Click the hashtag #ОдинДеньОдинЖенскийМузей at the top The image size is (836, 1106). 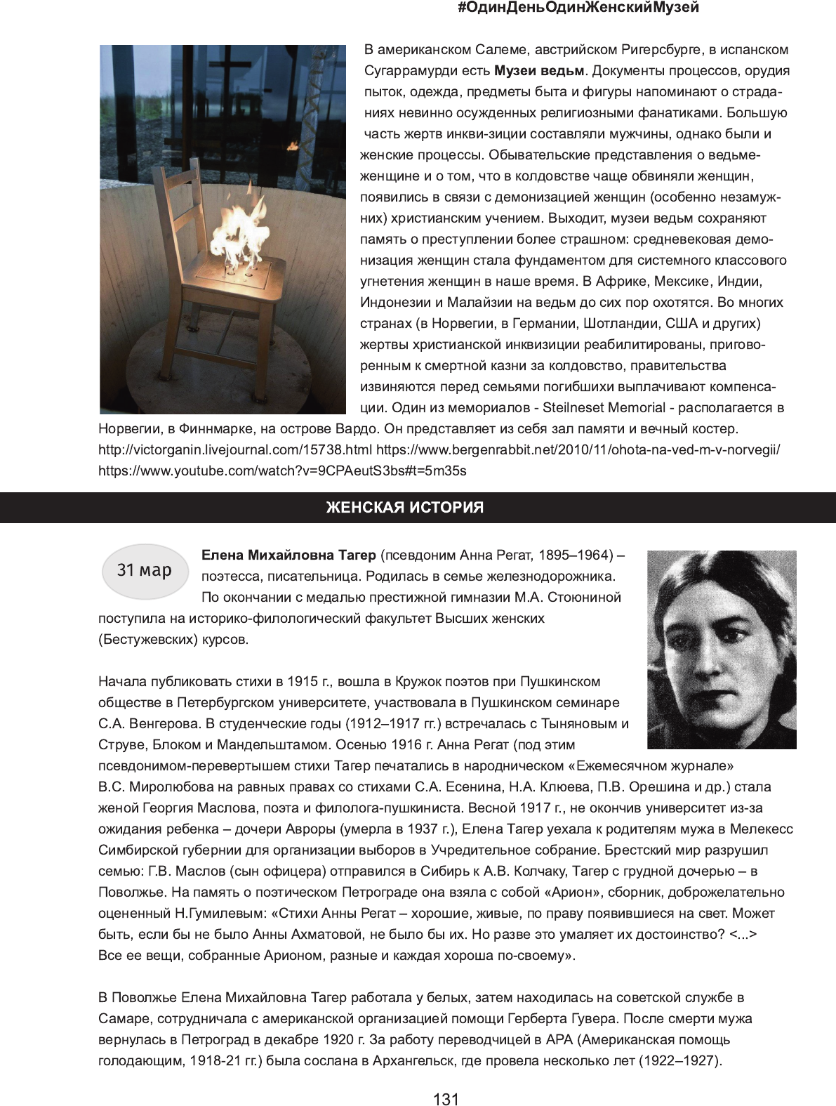pos(578,8)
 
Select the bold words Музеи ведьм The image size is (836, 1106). pos(539,71)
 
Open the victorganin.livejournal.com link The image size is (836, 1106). pos(235,450)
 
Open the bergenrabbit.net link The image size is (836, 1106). pos(578,450)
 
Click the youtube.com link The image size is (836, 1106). pos(282,471)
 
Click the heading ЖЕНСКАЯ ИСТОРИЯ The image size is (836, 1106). pos(405,508)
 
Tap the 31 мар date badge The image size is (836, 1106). pos(145,570)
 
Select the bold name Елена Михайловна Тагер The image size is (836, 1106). pos(288,555)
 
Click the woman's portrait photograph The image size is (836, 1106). pos(721,649)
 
